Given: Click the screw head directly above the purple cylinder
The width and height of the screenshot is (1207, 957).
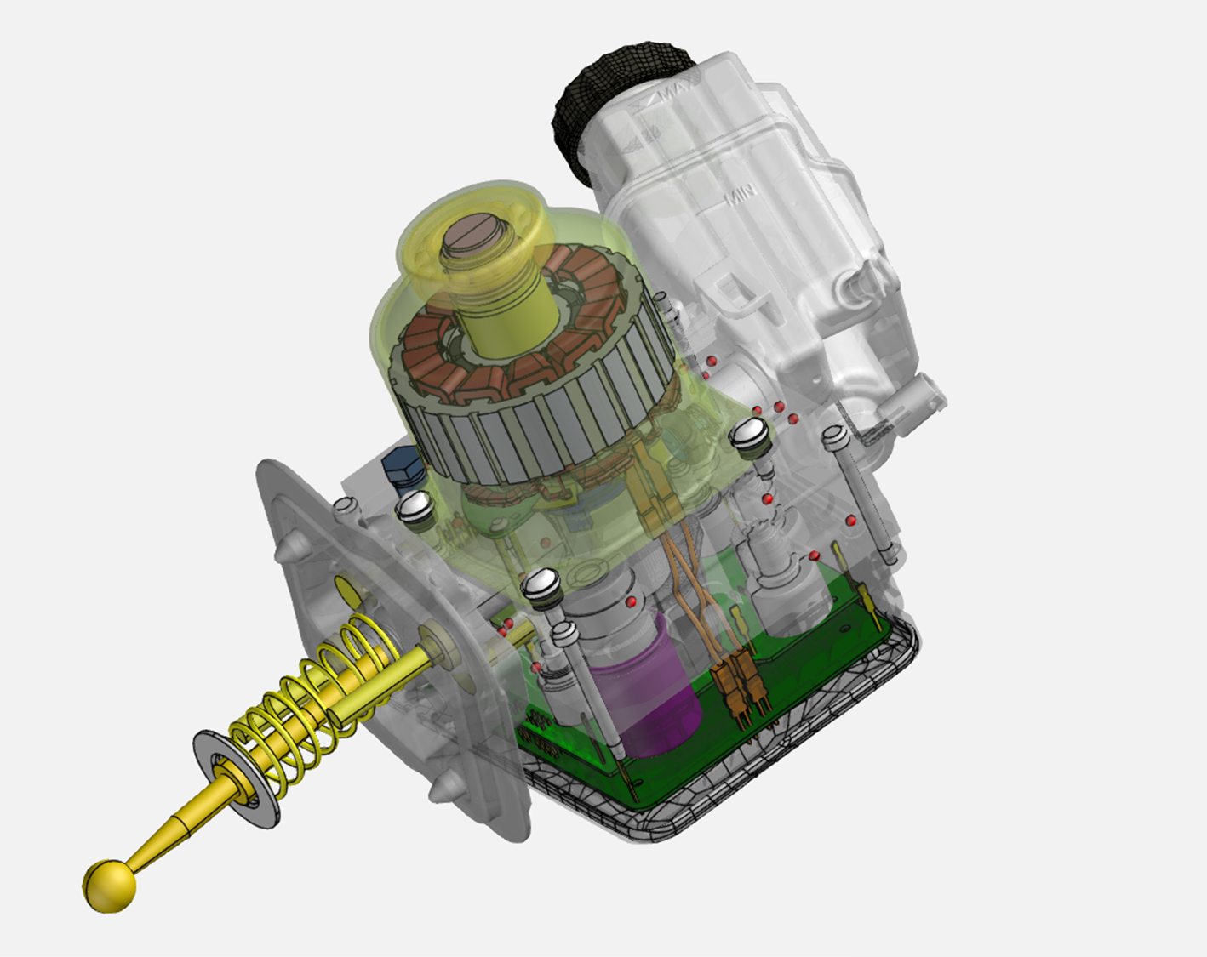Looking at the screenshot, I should tap(541, 584).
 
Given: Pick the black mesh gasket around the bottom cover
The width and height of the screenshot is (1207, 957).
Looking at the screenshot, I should tap(766, 791).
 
